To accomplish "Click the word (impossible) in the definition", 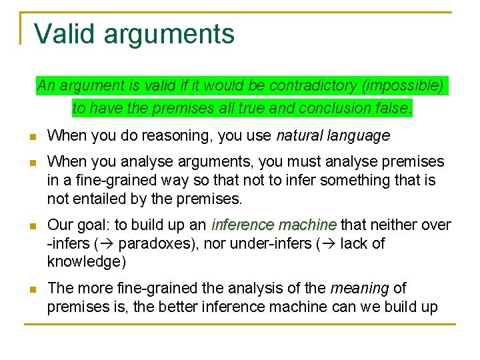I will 402,86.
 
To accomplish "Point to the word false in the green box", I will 395,107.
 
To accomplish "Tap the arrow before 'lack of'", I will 327,243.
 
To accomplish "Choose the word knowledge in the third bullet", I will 83,261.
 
